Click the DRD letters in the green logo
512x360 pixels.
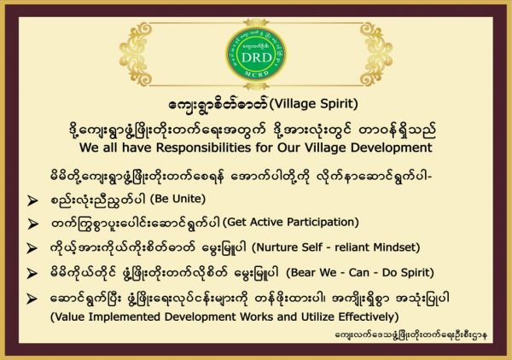(256, 58)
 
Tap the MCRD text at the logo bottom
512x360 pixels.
(257, 74)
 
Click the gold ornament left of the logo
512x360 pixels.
(136, 54)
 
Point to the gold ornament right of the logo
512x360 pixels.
(375, 54)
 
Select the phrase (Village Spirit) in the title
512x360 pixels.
(313, 104)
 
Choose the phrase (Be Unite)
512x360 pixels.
(178, 199)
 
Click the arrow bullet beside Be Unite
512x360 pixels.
(32, 200)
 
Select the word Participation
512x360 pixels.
(323, 223)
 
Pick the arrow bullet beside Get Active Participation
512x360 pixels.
(32, 224)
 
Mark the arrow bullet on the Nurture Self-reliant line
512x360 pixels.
(32, 248)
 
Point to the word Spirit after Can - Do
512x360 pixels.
(416, 272)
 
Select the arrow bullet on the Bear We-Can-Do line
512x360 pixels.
(32, 273)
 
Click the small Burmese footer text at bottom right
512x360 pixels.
(411, 335)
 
